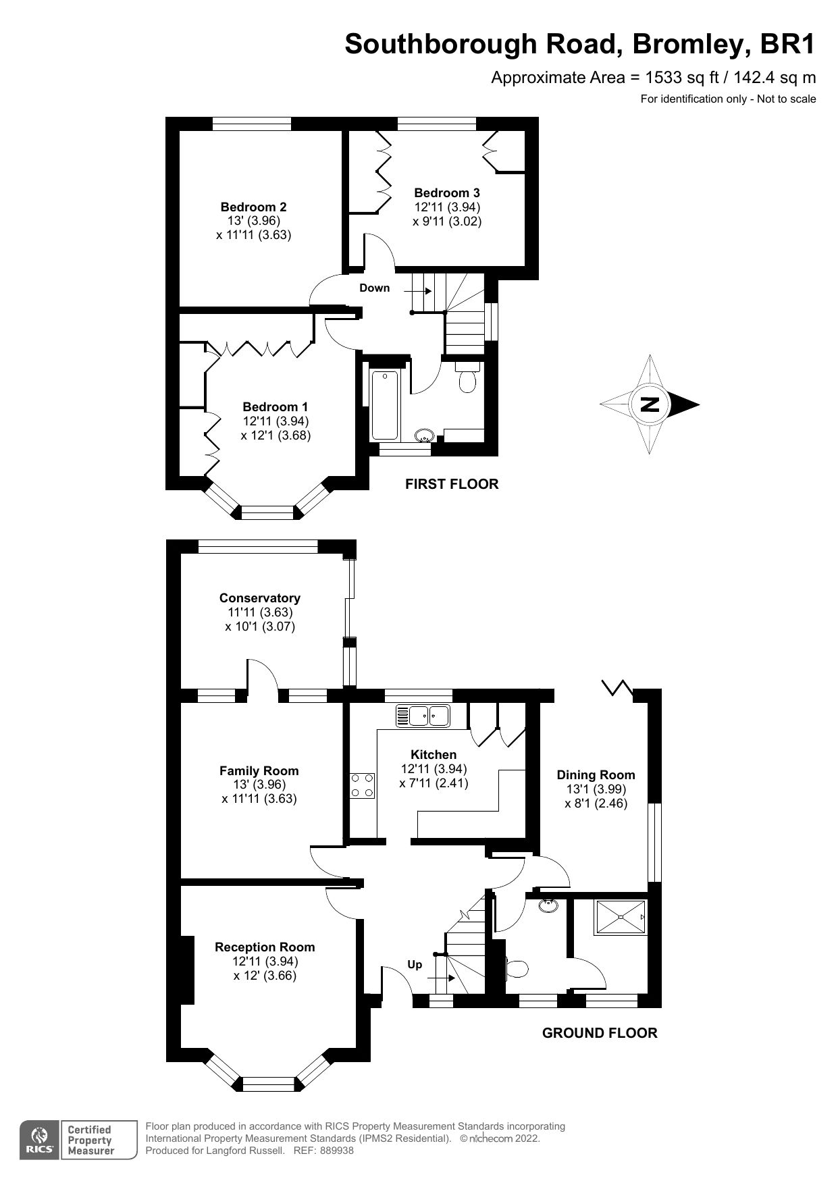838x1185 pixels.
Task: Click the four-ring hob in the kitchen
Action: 362,785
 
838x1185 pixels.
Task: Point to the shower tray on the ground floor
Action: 620,917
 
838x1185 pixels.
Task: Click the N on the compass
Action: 650,404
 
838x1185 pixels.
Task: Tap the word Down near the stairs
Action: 374,288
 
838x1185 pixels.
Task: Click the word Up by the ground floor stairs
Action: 415,964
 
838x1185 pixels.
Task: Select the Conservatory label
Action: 259,598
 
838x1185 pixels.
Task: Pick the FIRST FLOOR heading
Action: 451,483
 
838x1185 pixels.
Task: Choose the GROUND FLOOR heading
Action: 599,1032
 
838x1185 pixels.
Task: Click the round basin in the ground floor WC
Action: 548,905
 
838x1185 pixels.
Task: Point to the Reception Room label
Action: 264,947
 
